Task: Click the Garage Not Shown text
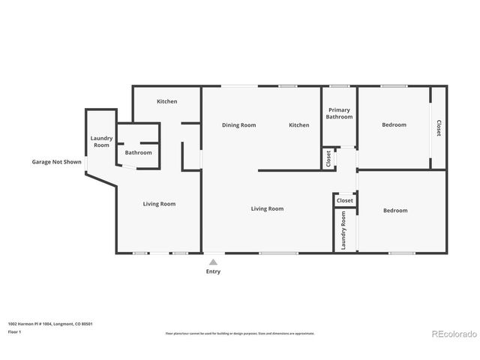(56, 162)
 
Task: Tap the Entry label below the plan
(213, 271)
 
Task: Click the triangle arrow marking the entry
(213, 262)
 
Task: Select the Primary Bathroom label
(339, 114)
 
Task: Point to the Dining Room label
(238, 125)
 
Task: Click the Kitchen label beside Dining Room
(299, 125)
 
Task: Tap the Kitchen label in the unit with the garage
(166, 101)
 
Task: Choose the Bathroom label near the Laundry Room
(138, 153)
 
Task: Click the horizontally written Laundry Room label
(101, 142)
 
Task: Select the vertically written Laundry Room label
(343, 230)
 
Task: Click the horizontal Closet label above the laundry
(345, 201)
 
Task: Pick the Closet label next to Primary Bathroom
(328, 159)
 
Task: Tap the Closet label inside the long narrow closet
(439, 127)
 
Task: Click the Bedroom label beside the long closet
(394, 125)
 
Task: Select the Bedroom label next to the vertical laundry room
(395, 211)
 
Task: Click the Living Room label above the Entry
(267, 208)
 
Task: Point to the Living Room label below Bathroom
(160, 204)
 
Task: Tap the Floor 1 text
(15, 331)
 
